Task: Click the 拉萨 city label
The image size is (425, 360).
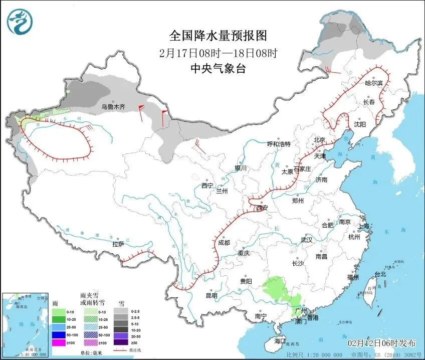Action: (x=118, y=245)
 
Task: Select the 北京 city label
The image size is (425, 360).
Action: (x=319, y=140)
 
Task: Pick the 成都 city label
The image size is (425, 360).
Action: (x=224, y=243)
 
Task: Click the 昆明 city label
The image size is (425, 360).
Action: (x=211, y=296)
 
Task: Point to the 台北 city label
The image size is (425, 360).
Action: (x=380, y=274)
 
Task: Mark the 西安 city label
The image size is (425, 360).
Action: (x=262, y=208)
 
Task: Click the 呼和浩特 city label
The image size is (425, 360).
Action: (x=279, y=144)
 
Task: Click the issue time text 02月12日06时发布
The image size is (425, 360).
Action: (x=382, y=343)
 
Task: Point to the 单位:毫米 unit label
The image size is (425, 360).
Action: (x=92, y=353)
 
